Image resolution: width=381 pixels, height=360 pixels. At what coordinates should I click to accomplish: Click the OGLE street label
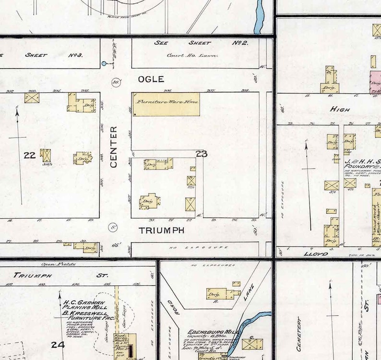coord(151,79)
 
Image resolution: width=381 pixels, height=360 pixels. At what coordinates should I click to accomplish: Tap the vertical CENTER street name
coord(114,147)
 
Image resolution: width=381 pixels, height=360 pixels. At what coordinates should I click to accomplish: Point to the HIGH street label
coord(340,109)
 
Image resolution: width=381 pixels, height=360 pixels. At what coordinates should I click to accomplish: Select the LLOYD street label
coord(315,254)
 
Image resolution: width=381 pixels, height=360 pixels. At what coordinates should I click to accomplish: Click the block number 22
coord(29,155)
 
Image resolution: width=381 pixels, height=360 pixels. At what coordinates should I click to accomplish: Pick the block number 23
coord(202,153)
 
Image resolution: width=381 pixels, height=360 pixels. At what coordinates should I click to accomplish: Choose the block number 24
coord(58,344)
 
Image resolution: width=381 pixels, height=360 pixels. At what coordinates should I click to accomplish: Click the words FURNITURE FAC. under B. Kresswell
coord(86,318)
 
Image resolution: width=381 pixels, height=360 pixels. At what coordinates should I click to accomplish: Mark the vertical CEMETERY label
coord(298,334)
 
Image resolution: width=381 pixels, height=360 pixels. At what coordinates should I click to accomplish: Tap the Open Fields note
coord(56,264)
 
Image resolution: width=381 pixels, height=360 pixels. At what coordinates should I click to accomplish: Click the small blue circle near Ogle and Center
coord(104,63)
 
